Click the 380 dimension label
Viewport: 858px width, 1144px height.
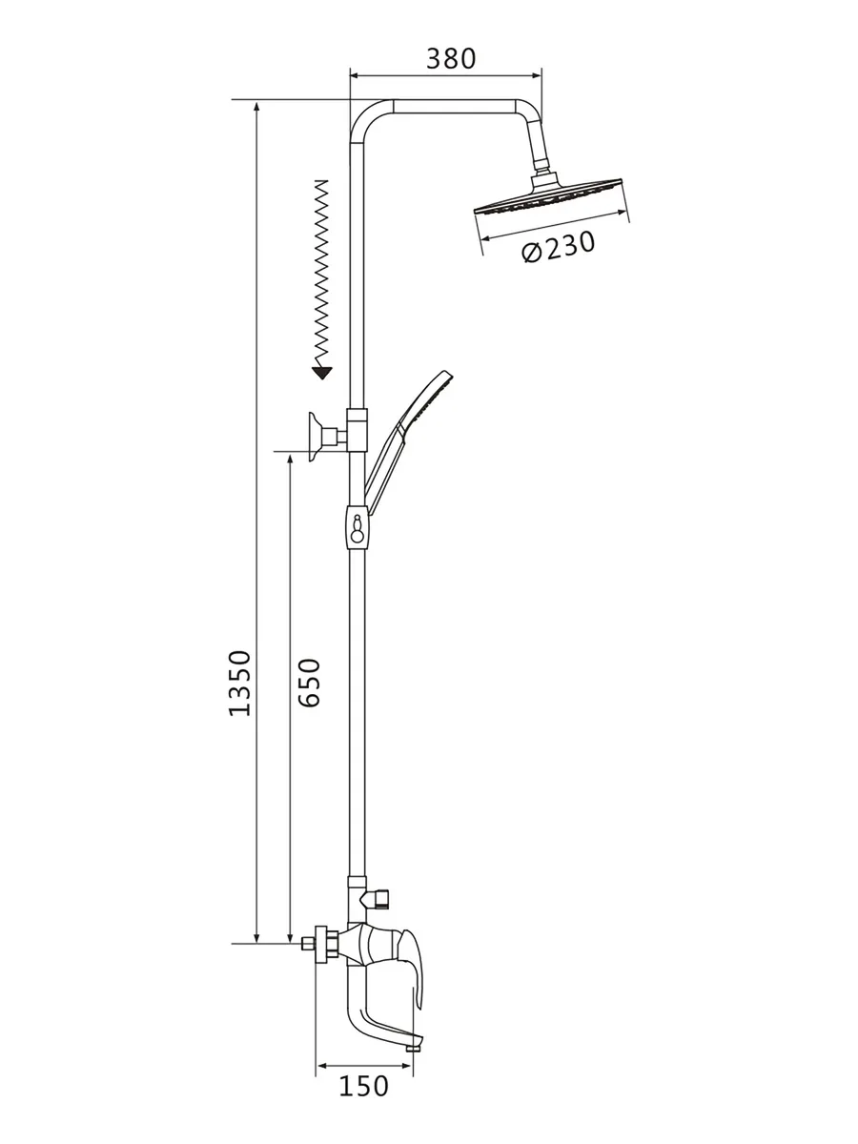[451, 59]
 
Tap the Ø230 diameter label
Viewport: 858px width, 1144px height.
[559, 247]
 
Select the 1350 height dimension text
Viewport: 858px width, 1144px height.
[240, 683]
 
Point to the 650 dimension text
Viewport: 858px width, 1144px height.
[309, 683]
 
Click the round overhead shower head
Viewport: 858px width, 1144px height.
[548, 196]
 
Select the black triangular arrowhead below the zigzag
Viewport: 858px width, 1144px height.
[322, 373]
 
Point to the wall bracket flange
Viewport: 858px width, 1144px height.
[314, 437]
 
